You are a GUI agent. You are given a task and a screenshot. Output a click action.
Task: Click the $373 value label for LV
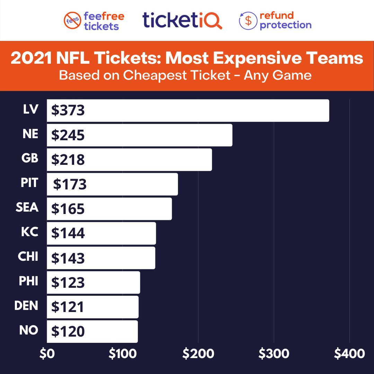pyautogui.click(x=68, y=110)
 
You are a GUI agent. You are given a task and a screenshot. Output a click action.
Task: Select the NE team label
pyautogui.click(x=30, y=134)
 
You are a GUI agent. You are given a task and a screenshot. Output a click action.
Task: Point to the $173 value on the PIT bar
pyautogui.click(x=70, y=184)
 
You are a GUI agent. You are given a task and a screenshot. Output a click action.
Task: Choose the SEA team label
pyautogui.click(x=27, y=207)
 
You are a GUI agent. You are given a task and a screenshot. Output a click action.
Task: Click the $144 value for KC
pyautogui.click(x=68, y=233)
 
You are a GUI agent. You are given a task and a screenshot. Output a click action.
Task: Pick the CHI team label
pyautogui.click(x=28, y=257)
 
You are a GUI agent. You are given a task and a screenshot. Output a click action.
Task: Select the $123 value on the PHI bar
pyautogui.click(x=68, y=283)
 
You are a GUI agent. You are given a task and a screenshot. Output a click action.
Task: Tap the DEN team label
pyautogui.click(x=26, y=306)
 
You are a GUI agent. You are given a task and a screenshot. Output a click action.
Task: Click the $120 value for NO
pyautogui.click(x=68, y=332)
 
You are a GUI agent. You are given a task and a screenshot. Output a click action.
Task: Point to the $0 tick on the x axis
pyautogui.click(x=47, y=354)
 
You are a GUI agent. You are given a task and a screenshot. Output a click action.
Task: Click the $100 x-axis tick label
pyautogui.click(x=123, y=354)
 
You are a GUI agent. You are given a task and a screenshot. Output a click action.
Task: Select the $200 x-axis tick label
pyautogui.click(x=198, y=354)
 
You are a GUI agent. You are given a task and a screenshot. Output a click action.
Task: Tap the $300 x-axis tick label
pyautogui.click(x=274, y=354)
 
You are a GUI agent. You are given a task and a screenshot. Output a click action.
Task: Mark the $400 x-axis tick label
pyautogui.click(x=349, y=354)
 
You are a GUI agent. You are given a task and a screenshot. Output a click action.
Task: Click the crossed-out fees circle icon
pyautogui.click(x=72, y=21)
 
